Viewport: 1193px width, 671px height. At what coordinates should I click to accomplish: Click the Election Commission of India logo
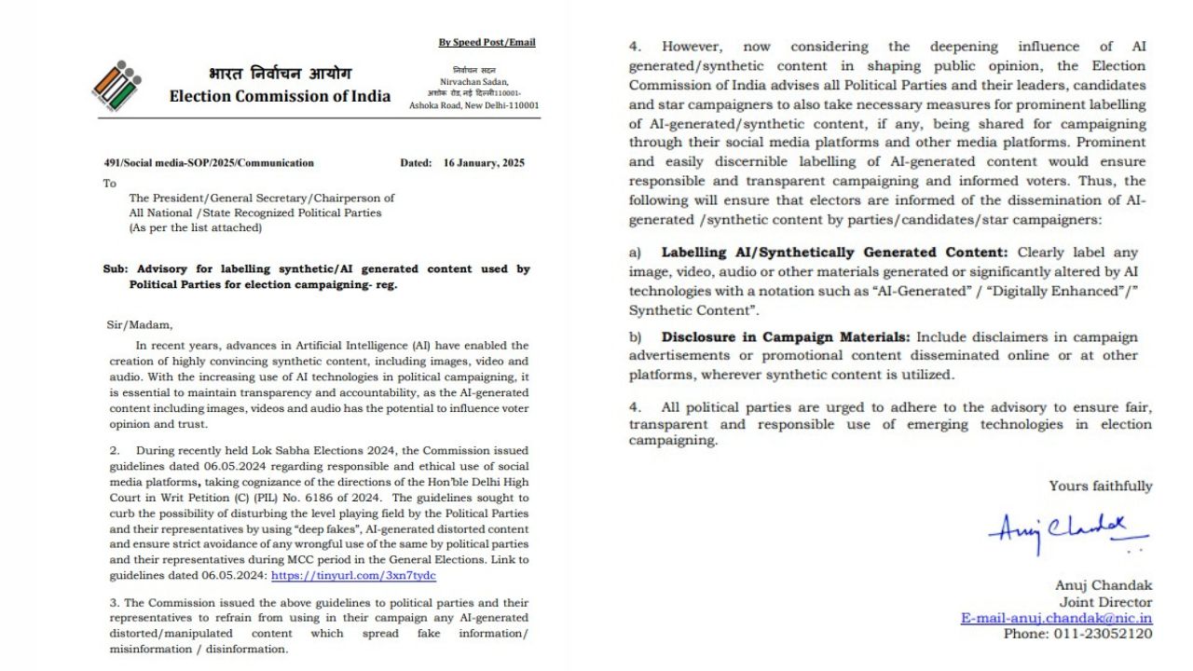116,86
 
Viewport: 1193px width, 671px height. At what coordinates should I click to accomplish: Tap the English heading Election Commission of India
280,96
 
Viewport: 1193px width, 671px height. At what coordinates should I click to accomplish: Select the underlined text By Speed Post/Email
487,42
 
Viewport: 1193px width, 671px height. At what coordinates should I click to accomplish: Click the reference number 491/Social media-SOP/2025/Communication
209,163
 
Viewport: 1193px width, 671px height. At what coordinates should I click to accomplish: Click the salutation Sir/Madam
140,325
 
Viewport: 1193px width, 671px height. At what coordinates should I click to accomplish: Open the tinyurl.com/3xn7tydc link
353,576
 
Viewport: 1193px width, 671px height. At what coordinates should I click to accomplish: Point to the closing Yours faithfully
1100,486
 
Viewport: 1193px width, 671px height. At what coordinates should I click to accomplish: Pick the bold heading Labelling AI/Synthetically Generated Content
834,253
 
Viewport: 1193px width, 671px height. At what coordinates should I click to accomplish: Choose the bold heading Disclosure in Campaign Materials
786,336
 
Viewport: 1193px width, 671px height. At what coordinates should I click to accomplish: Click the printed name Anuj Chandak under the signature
1104,585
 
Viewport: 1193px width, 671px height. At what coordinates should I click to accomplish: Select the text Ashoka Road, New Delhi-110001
473,105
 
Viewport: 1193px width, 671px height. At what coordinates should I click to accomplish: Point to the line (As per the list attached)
196,227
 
